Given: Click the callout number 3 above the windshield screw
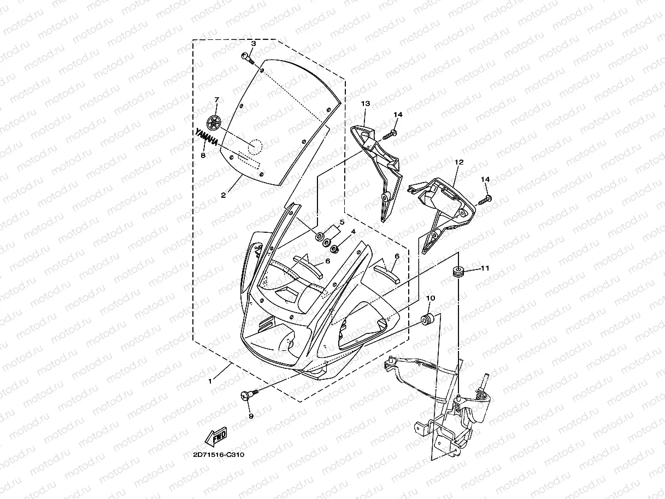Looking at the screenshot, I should (x=254, y=43).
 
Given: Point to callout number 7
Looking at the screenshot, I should (x=216, y=100).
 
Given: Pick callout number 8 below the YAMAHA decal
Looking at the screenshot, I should (x=203, y=156).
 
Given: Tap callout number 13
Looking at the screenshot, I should (x=365, y=103).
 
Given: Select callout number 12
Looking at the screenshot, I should (x=459, y=162).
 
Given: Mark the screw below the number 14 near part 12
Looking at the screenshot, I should (x=485, y=200).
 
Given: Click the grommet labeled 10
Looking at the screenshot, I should (x=428, y=319).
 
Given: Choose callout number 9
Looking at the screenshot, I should (x=251, y=416).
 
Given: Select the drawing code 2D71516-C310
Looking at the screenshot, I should (x=218, y=455).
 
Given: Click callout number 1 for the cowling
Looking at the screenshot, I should (x=211, y=381).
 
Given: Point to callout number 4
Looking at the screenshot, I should (x=354, y=232).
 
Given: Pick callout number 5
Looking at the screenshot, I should (x=342, y=222).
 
